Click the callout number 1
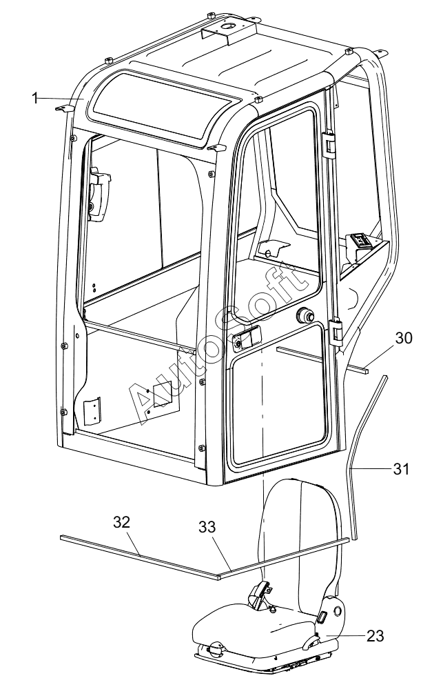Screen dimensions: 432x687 [x=35, y=98]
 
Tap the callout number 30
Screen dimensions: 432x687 [x=404, y=338]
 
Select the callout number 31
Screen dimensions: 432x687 [x=400, y=468]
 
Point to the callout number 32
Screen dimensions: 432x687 [x=122, y=522]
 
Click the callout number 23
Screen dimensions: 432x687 [x=375, y=635]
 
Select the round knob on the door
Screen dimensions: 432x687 [x=304, y=314]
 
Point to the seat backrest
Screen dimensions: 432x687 [x=302, y=539]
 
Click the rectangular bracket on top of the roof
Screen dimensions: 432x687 [x=229, y=30]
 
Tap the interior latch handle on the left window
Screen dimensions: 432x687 [x=99, y=192]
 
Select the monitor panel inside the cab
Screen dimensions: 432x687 [x=362, y=241]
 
